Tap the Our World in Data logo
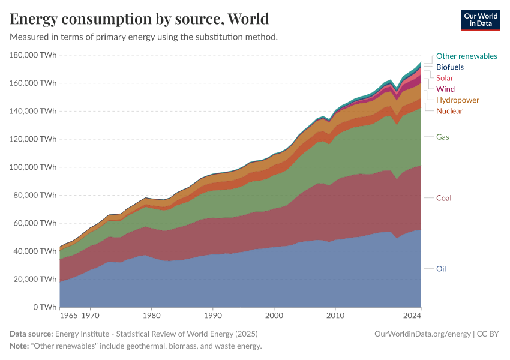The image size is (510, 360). click(481, 20)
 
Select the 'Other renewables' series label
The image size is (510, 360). click(466, 56)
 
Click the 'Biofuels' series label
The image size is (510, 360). click(449, 67)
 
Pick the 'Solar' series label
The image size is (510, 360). click(445, 78)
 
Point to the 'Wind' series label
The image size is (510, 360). click(445, 89)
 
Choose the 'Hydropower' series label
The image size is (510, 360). click(457, 100)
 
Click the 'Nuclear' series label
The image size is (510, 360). click(449, 111)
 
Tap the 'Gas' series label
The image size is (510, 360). click(442, 137)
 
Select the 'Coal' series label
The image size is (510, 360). click(443, 198)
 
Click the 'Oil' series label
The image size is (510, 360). click(441, 269)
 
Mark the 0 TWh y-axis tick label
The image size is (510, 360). click(44, 307)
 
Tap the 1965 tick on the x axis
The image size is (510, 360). click(68, 314)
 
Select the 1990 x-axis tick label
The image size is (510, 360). click(212, 314)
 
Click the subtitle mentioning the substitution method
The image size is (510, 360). click(143, 37)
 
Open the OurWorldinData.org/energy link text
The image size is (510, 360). click(422, 334)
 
